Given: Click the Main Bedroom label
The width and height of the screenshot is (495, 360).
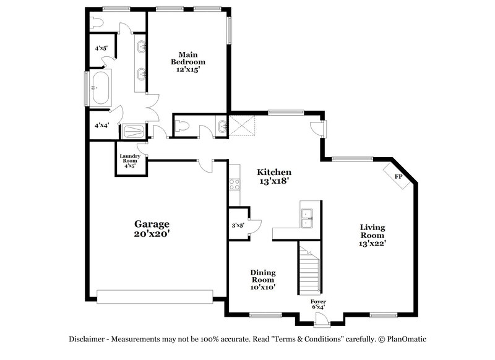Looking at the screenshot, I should (188, 62).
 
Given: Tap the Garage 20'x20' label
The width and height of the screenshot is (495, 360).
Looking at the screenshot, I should (152, 229).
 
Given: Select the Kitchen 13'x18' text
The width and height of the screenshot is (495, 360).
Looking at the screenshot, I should (274, 176).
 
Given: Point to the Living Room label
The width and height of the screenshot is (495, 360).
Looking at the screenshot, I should (372, 235).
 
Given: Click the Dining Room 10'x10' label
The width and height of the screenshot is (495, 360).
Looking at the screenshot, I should (263, 280).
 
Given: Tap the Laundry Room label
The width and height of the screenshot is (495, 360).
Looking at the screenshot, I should (130, 161).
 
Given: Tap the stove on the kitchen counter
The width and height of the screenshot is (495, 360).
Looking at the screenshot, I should (235, 184).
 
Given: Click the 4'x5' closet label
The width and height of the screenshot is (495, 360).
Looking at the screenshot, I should (101, 48).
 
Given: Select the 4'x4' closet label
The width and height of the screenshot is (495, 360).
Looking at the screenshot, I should (101, 125).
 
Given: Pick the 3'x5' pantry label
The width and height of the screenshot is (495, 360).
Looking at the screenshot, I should (238, 226).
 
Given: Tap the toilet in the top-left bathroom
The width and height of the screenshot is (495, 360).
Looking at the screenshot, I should (95, 23).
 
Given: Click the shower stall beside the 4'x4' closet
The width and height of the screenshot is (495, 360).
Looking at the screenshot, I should (132, 131).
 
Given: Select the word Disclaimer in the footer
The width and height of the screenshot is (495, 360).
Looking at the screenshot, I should (87, 339).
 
